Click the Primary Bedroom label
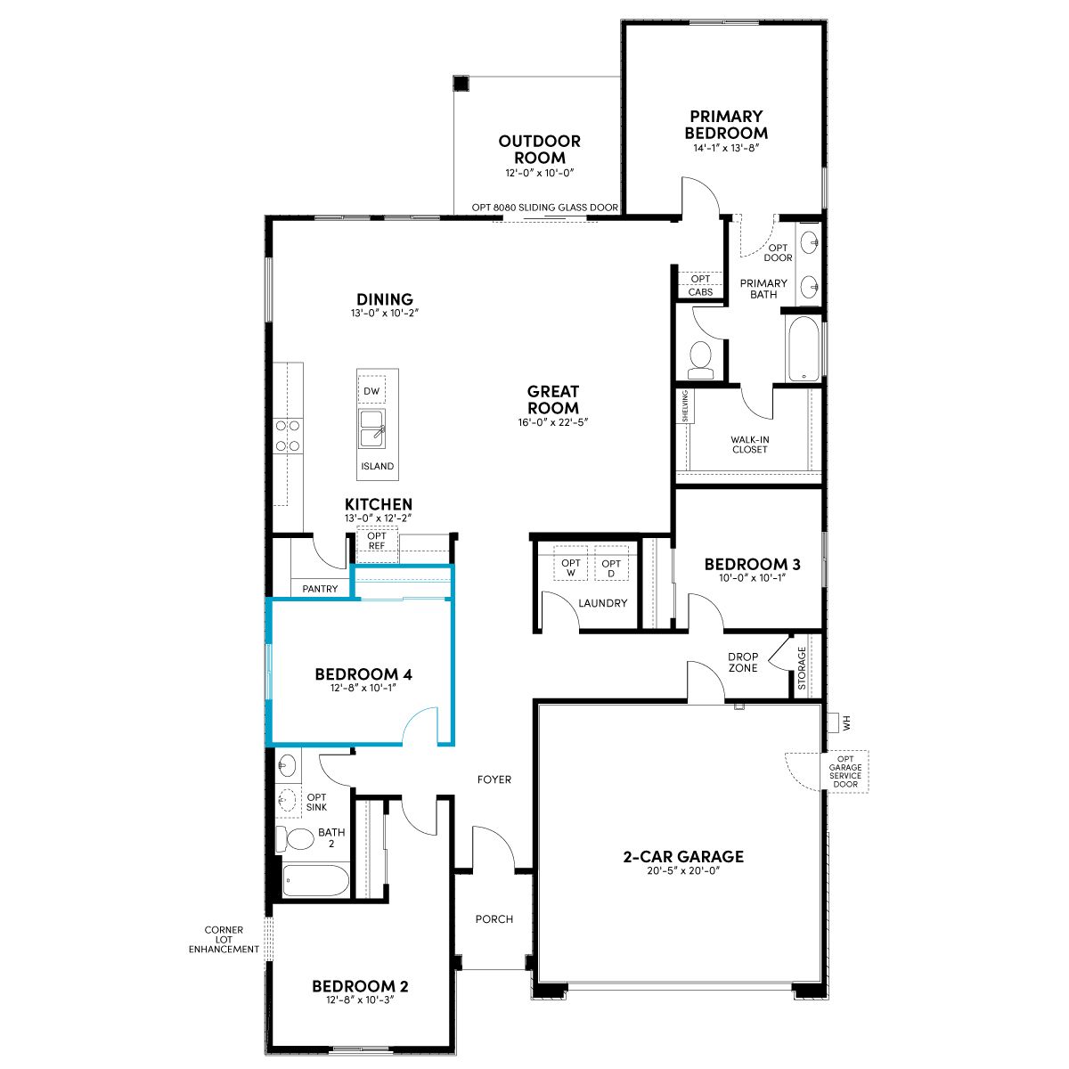point(726,125)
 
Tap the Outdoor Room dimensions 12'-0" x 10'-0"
point(539,173)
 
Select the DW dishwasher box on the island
point(371,391)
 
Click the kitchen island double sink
point(372,428)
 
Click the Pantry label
point(320,589)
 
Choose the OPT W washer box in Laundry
point(571,567)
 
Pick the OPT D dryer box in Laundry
point(611,567)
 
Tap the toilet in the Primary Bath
point(701,360)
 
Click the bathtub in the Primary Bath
point(803,348)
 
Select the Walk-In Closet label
point(749,445)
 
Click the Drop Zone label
point(743,663)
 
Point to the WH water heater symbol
point(834,723)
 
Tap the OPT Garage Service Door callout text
point(845,771)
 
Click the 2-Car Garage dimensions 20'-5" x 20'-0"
point(683,870)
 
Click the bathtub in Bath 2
point(315,880)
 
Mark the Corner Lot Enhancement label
point(224,939)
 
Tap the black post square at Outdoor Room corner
point(461,83)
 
